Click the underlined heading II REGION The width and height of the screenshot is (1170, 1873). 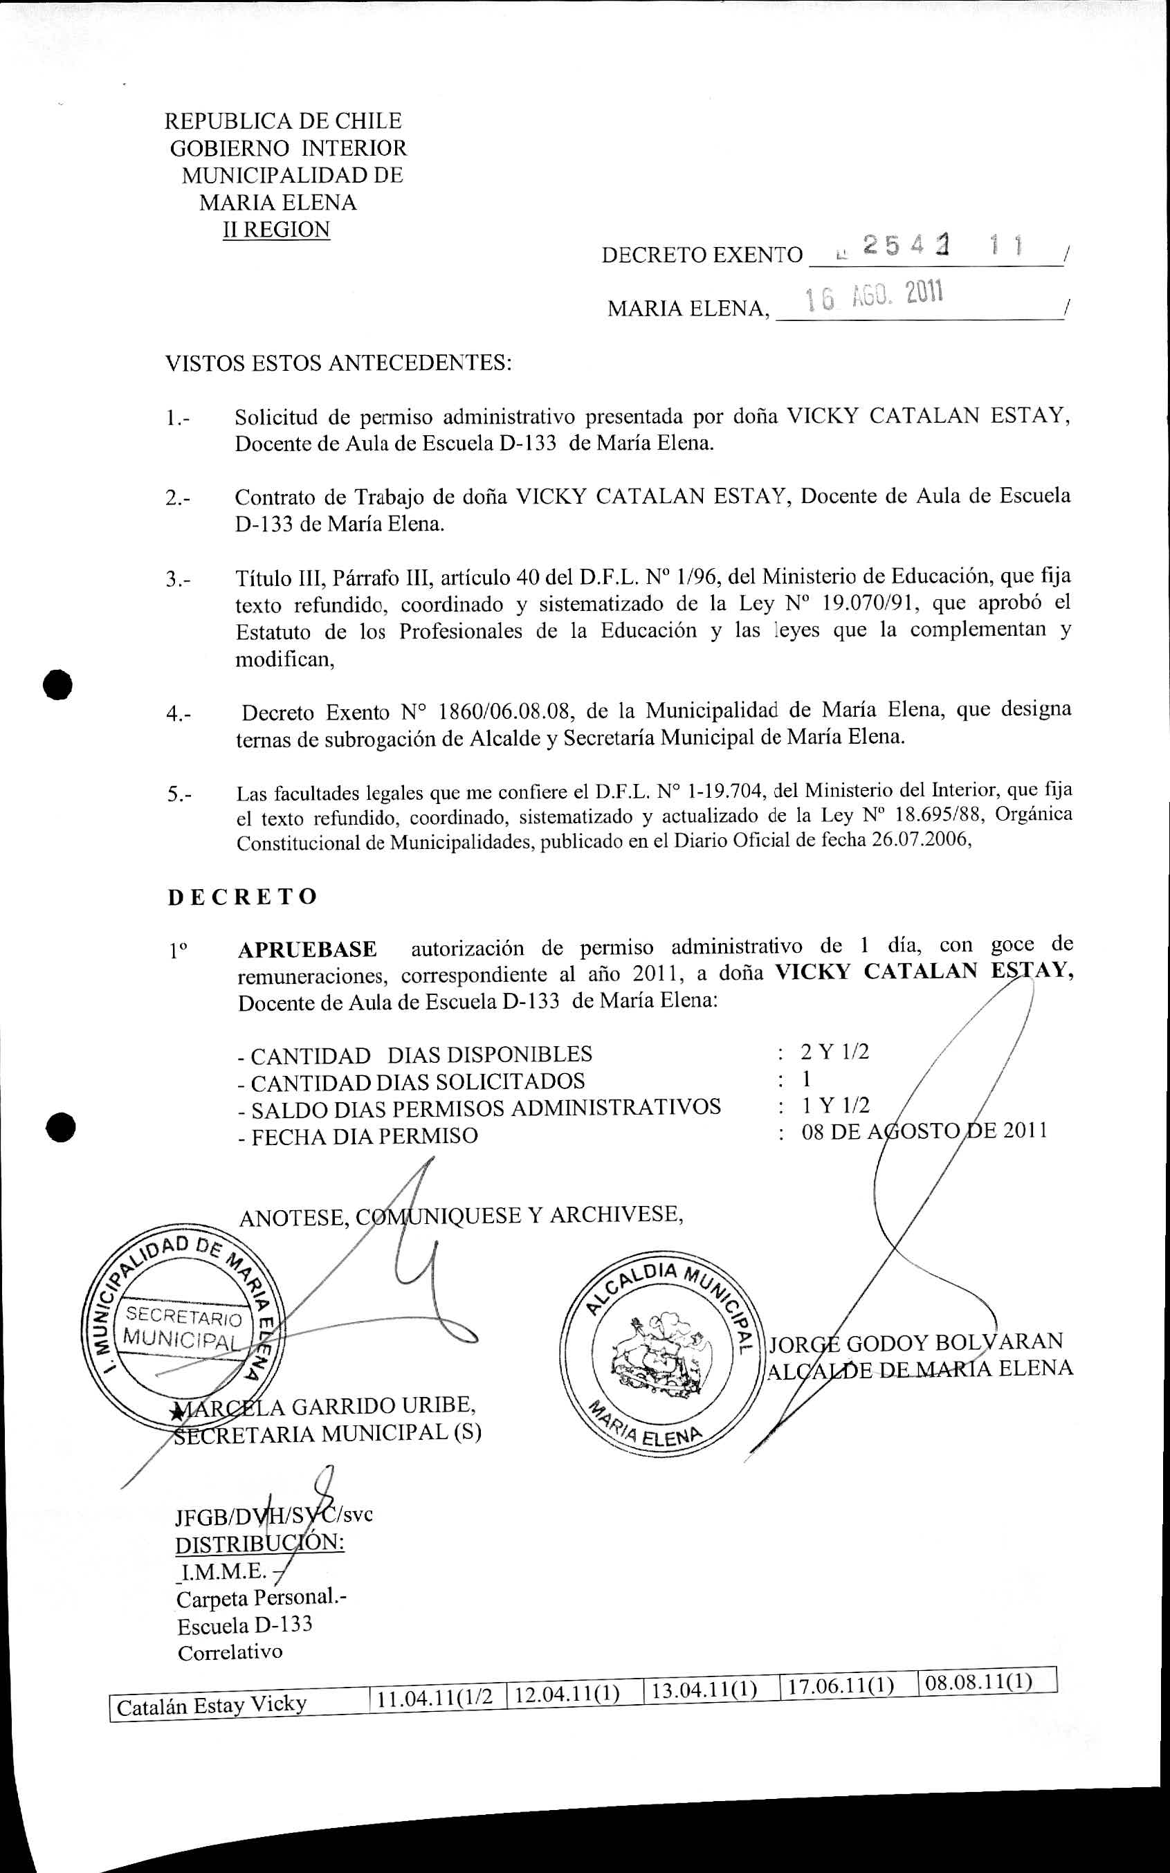[x=276, y=230]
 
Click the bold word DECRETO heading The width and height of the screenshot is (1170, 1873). [x=242, y=897]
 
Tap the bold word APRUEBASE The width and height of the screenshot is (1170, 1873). [x=307, y=949]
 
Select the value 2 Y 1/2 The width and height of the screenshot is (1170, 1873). [x=835, y=1052]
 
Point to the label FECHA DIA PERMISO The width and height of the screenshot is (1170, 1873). [x=364, y=1137]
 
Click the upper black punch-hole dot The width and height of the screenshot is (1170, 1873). [x=58, y=686]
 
